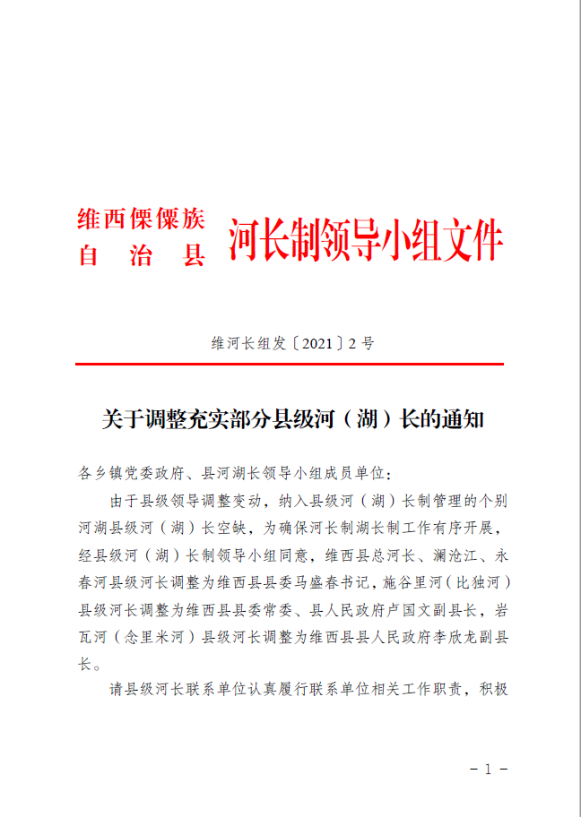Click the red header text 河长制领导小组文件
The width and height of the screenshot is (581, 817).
click(x=366, y=241)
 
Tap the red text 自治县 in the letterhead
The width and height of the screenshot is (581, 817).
click(x=142, y=256)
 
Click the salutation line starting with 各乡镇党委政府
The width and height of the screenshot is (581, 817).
click(x=236, y=472)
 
